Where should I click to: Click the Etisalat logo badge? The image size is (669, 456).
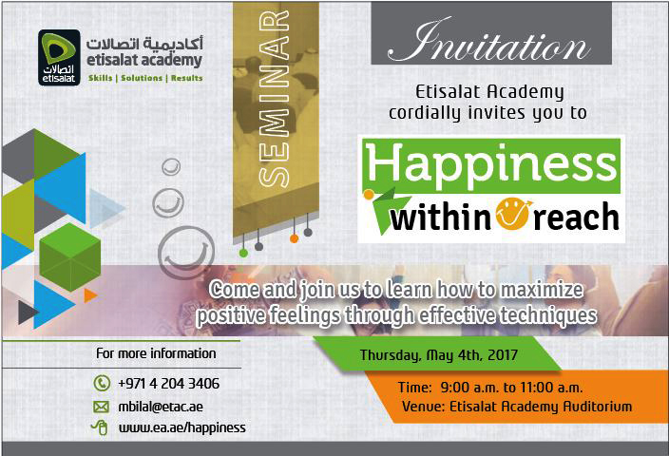[59, 58]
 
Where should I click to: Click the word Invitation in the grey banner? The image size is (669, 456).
[489, 42]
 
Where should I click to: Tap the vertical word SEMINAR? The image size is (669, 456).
[275, 99]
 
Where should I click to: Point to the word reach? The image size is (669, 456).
[576, 218]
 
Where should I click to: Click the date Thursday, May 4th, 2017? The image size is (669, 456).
[439, 355]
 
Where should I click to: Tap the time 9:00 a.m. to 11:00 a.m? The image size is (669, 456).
[511, 388]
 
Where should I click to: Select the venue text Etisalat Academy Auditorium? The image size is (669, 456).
[541, 406]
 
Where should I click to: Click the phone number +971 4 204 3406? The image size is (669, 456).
[168, 383]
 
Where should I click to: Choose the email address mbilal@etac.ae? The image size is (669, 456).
[161, 407]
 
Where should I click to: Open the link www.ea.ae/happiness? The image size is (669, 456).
[182, 427]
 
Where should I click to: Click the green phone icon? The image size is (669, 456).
[102, 383]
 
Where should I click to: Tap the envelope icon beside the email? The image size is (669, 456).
[101, 407]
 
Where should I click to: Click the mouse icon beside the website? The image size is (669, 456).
[100, 427]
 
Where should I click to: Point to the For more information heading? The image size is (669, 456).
[156, 353]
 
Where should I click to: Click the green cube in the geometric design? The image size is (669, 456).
[70, 257]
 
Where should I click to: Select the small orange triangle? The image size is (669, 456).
[90, 295]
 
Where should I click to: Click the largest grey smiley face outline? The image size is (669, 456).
[186, 253]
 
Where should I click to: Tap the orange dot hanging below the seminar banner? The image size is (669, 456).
[294, 238]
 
